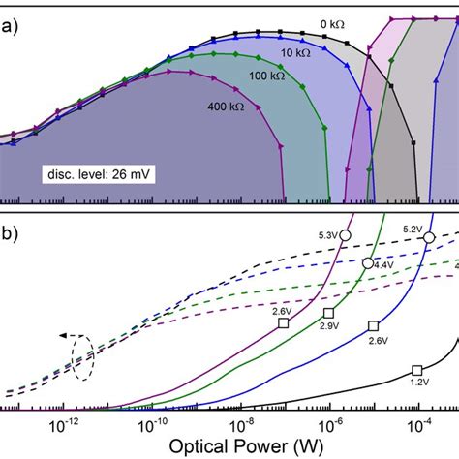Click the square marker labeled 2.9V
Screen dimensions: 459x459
(x=328, y=312)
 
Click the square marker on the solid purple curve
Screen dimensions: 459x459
(x=284, y=323)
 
